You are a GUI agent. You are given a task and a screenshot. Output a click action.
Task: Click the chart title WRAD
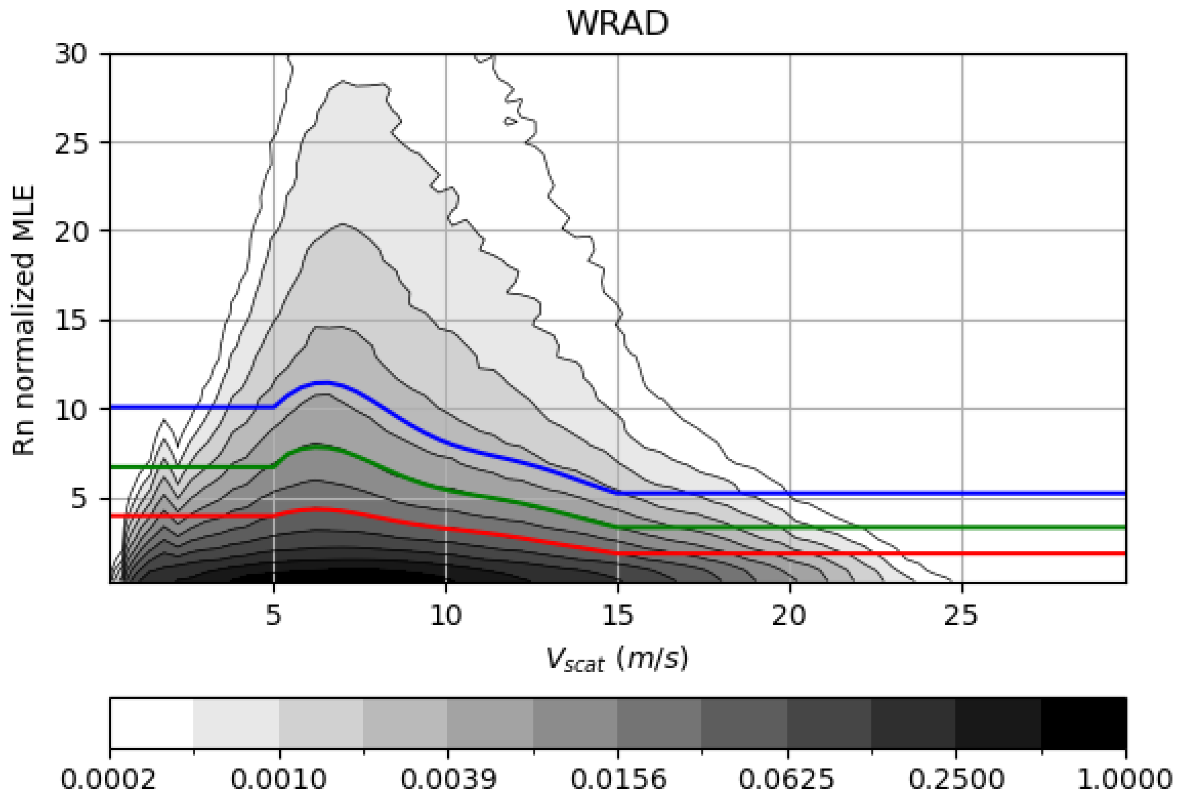pos(618,23)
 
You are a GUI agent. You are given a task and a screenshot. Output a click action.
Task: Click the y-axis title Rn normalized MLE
pos(24,320)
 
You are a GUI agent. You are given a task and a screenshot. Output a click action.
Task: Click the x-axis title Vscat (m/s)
pos(618,659)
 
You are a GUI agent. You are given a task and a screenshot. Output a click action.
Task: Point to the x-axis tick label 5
pos(274,615)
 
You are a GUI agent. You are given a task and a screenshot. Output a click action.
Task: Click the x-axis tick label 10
pos(446,615)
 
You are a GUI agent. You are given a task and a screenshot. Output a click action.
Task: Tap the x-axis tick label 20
pos(789,615)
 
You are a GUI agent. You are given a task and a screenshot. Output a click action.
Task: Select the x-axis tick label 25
pos(961,615)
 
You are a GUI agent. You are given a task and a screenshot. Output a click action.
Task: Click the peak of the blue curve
pos(323,382)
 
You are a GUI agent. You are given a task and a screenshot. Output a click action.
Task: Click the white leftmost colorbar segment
pos(152,723)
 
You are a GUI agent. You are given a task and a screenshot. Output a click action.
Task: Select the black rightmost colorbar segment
pos(1084,723)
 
